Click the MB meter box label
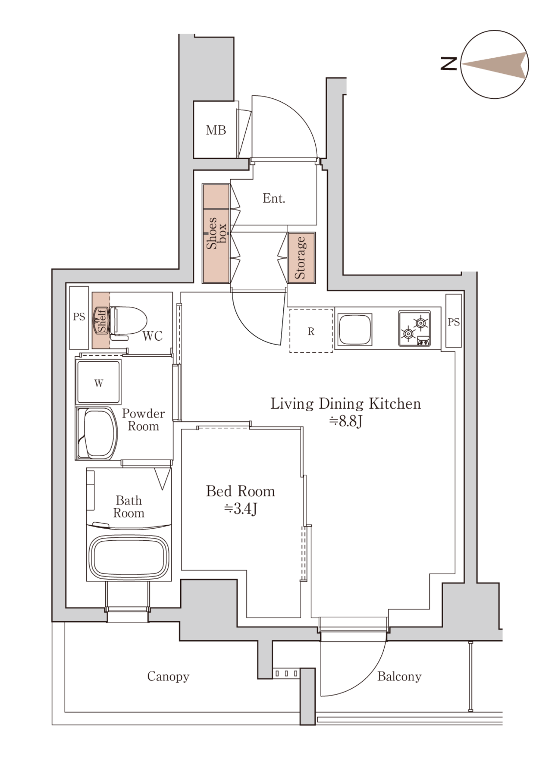[216, 130]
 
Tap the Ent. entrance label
[274, 198]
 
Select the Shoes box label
[217, 233]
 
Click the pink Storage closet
[301, 258]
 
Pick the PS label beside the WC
[79, 316]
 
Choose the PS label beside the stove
[453, 322]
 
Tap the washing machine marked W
[98, 382]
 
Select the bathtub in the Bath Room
[129, 558]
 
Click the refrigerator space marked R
[311, 331]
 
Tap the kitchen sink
[355, 329]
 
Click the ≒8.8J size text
[346, 421]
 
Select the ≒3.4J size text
[241, 509]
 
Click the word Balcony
[399, 676]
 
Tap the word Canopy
[168, 676]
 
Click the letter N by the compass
[449, 64]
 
